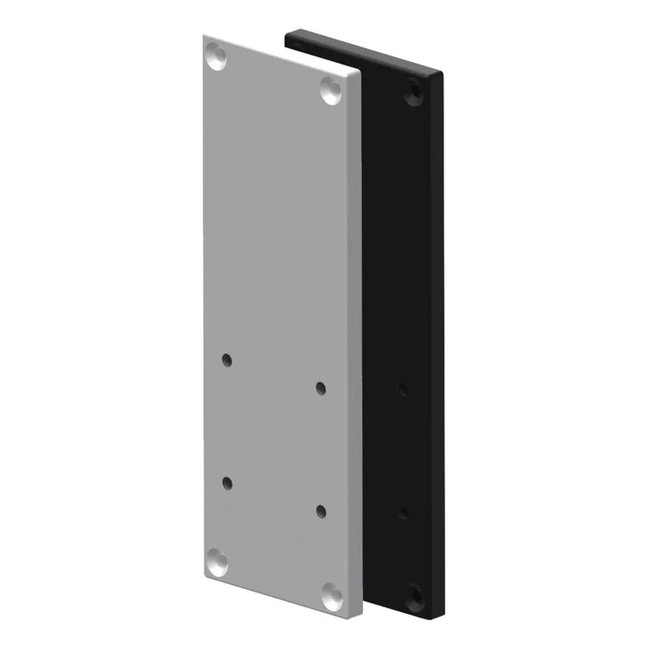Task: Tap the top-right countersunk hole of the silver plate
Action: pyautogui.click(x=331, y=89)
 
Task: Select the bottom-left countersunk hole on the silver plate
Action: pyautogui.click(x=216, y=560)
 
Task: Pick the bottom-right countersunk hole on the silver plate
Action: pyautogui.click(x=331, y=591)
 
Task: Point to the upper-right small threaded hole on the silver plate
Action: pyautogui.click(x=321, y=386)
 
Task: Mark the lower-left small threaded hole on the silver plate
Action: pyautogui.click(x=226, y=481)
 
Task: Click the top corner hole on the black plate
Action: pyautogui.click(x=413, y=93)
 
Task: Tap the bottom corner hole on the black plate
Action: pyautogui.click(x=413, y=591)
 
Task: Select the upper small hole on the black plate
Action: pyautogui.click(x=401, y=388)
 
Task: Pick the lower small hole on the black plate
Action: pyautogui.click(x=401, y=510)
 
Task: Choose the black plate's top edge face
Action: pyautogui.click(x=370, y=52)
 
